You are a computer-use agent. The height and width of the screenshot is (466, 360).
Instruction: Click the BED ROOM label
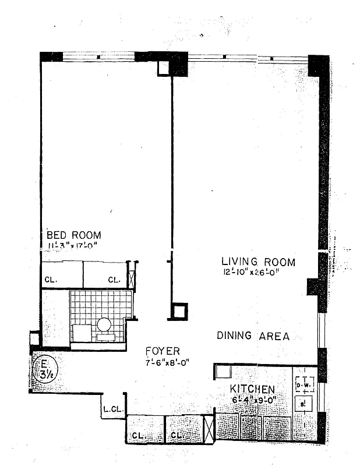coord(73,235)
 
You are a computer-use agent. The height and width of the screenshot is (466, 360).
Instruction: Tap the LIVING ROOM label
coord(257,262)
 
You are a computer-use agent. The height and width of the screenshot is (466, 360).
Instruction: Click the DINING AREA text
coord(253,336)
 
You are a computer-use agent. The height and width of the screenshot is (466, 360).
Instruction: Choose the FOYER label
coord(163,351)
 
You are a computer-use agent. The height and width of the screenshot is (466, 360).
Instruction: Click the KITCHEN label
coord(252,389)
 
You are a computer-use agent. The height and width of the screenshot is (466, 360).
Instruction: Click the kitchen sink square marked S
coord(303,403)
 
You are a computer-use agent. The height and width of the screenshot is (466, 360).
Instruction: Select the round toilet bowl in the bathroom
coord(104,324)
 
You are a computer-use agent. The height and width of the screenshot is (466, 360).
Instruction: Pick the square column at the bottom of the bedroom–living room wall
coord(179,311)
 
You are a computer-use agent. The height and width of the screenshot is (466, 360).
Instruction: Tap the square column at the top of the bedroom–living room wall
coord(164,68)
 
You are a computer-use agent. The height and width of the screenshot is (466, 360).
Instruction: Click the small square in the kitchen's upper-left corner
coord(222,371)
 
